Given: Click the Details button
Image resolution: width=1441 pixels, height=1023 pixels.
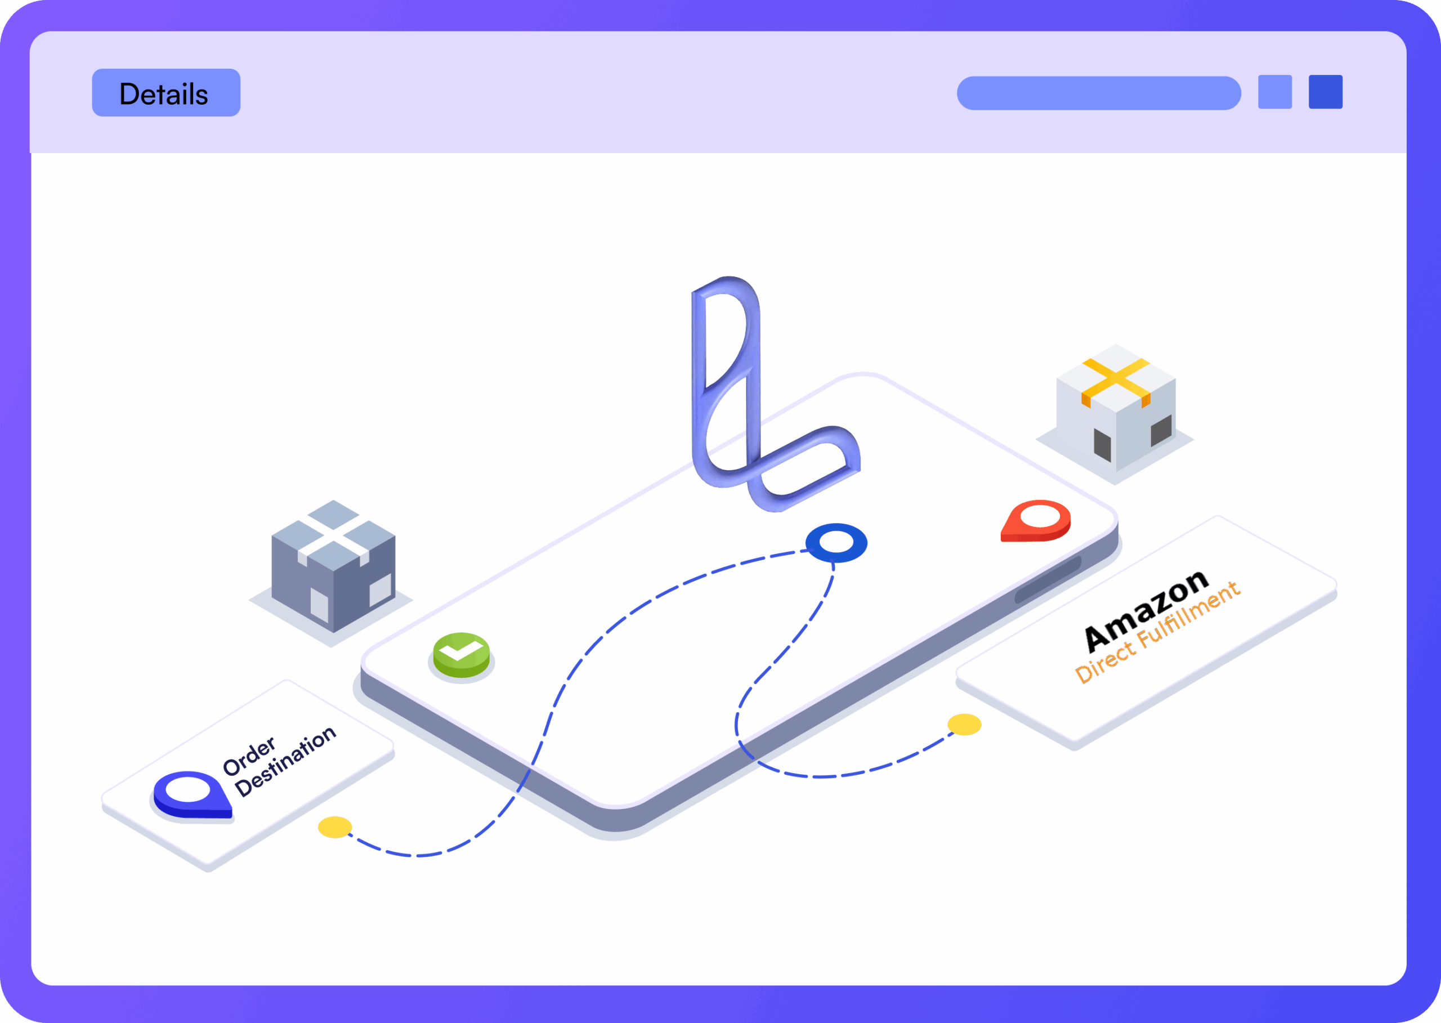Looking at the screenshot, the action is (166, 92).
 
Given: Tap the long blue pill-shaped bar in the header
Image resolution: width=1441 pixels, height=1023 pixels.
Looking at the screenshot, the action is (1099, 93).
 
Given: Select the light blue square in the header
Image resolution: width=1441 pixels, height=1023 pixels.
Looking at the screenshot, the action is (1276, 92).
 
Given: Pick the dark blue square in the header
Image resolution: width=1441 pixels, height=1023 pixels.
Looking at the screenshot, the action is (1326, 92).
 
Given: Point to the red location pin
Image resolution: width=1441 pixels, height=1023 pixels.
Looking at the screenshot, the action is (1036, 521).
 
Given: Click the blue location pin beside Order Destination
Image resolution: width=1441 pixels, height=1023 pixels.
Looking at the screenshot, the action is (192, 795).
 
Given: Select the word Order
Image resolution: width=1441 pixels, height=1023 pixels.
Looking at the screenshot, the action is (249, 756).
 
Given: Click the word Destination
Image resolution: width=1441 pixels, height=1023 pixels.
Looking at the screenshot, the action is (285, 761).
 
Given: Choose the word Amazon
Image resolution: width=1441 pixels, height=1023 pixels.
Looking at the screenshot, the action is (1145, 610).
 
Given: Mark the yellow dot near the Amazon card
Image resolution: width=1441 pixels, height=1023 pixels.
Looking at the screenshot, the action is (964, 725).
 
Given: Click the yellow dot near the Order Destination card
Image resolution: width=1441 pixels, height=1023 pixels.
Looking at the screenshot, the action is (335, 827).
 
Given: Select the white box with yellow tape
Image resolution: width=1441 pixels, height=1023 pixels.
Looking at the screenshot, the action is (1116, 408).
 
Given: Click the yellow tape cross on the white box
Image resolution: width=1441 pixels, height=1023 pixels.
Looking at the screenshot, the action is (1116, 381).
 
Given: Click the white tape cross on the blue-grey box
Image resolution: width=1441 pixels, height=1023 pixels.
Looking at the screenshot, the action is (333, 537).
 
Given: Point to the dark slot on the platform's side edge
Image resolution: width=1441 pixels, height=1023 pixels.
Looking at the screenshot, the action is (1048, 579).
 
